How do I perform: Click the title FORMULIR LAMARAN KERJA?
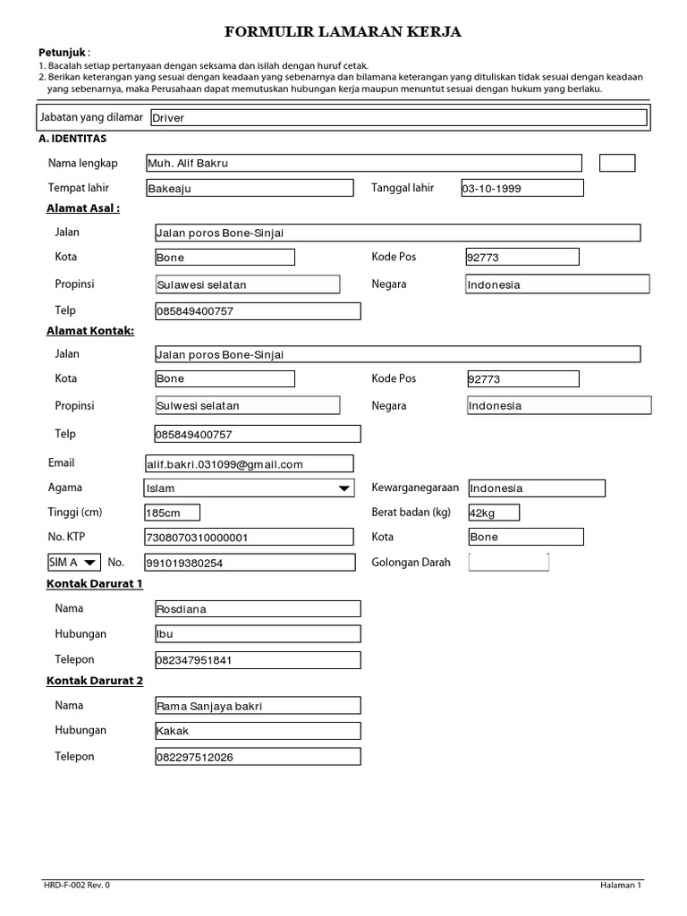pyautogui.click(x=343, y=33)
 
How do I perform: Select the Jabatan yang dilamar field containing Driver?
pyautogui.click(x=398, y=117)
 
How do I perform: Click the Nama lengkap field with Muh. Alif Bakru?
pyautogui.click(x=363, y=163)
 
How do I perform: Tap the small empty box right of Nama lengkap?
pyautogui.click(x=617, y=163)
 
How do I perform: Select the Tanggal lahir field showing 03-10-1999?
pyautogui.click(x=522, y=188)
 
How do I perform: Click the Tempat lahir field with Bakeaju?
pyautogui.click(x=250, y=188)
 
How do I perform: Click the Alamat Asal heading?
pyautogui.click(x=83, y=208)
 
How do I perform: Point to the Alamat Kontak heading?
pyautogui.click(x=90, y=330)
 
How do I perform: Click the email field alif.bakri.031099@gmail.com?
pyautogui.click(x=250, y=463)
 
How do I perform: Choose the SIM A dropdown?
pyautogui.click(x=73, y=562)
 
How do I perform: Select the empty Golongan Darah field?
pyautogui.click(x=508, y=562)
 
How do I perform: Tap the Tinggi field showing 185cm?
pyautogui.click(x=172, y=513)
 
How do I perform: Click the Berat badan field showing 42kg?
pyautogui.click(x=493, y=513)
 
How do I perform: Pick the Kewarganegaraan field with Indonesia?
pyautogui.click(x=536, y=488)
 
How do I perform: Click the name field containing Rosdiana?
pyautogui.click(x=258, y=609)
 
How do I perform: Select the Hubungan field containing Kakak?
pyautogui.click(x=258, y=731)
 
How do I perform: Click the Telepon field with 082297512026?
pyautogui.click(x=258, y=757)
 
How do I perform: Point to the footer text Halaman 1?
pyautogui.click(x=621, y=885)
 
